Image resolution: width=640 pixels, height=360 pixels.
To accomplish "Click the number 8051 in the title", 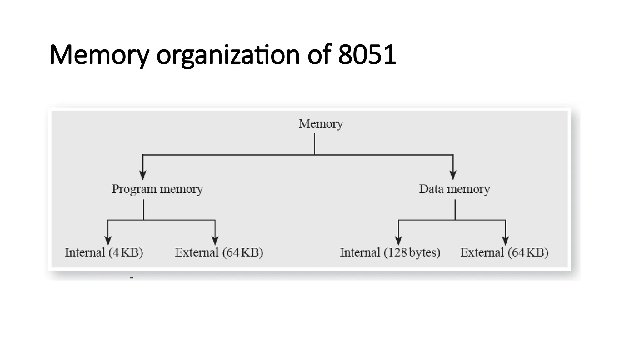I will click(x=367, y=55).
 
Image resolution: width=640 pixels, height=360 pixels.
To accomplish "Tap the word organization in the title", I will click(x=228, y=56).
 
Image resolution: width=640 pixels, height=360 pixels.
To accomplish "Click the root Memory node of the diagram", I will click(x=321, y=124).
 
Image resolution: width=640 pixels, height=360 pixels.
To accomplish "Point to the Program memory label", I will click(x=157, y=189).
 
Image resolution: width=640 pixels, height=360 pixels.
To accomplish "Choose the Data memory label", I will click(x=454, y=189).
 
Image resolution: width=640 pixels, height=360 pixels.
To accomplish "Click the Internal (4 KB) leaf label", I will click(x=104, y=252).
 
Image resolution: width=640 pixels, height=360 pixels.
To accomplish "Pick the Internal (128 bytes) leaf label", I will click(x=390, y=252).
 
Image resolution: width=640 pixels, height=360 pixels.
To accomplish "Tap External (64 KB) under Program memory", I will click(x=219, y=252).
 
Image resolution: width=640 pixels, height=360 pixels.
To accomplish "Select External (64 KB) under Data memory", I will click(x=504, y=252).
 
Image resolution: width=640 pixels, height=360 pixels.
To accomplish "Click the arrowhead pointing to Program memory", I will click(x=143, y=175).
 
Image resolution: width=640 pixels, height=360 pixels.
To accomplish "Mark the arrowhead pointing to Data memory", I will click(x=453, y=175).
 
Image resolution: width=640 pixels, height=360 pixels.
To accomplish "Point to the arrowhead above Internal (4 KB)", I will click(x=108, y=241).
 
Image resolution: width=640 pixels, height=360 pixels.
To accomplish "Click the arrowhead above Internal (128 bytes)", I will click(x=398, y=241).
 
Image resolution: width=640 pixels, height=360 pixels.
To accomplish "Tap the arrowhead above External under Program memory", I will click(x=215, y=241).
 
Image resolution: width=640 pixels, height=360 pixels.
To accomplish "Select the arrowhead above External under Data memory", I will click(x=506, y=241).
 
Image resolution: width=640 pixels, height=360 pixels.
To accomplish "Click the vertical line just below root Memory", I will click(x=314, y=144).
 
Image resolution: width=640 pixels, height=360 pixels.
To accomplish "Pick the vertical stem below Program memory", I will click(x=143, y=210).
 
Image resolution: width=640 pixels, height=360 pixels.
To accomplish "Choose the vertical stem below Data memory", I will click(x=455, y=210).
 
